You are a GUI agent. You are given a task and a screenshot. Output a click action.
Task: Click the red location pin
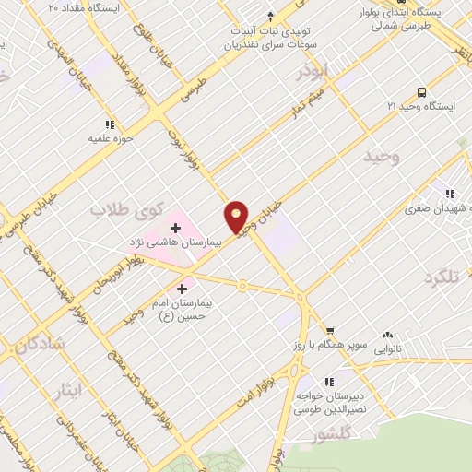(237, 217)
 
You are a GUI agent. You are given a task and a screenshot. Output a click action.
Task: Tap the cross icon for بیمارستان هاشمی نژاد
(175, 227)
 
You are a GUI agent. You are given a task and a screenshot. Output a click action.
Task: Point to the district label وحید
(382, 156)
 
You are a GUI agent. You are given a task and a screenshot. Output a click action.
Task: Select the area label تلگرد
(442, 277)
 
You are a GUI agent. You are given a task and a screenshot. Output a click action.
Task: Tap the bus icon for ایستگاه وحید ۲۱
(421, 92)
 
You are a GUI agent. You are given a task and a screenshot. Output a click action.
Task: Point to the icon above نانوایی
(386, 336)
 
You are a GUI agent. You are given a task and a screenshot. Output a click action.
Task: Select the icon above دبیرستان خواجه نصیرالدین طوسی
(328, 380)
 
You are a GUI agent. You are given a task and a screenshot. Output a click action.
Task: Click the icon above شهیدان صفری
(449, 195)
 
